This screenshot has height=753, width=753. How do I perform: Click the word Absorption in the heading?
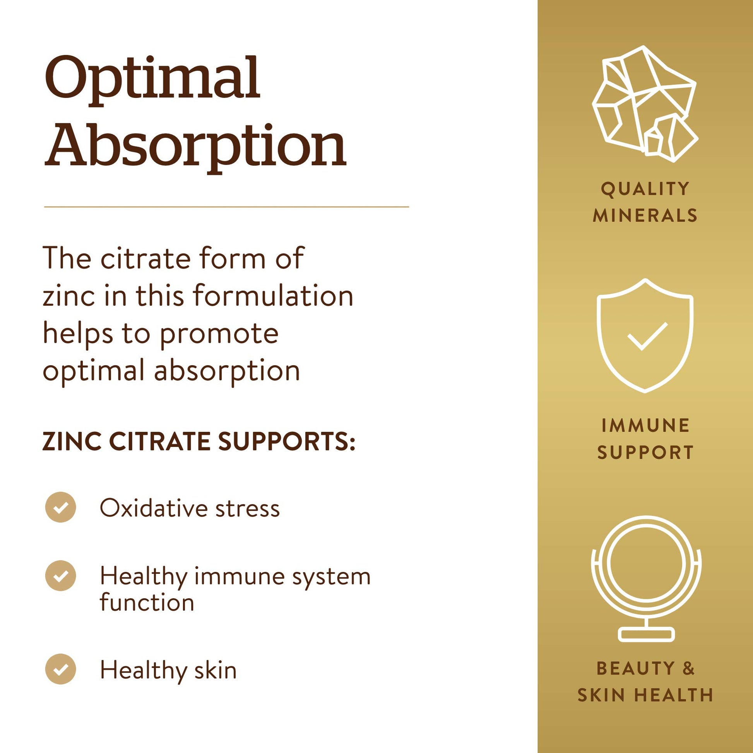coord(195,146)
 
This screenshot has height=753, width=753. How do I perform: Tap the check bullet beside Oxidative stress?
coord(60,507)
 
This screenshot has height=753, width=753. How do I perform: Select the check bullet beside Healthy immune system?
coord(60,576)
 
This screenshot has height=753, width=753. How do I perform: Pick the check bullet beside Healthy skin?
coord(60,669)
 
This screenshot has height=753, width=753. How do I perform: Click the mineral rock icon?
coord(645,103)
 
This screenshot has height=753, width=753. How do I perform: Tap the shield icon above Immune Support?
coord(645,335)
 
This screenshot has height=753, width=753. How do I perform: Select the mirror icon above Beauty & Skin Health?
coord(646,579)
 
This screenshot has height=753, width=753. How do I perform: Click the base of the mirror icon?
coord(646,635)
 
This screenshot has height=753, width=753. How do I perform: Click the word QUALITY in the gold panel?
coord(645,189)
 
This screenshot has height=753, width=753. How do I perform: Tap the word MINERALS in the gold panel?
coord(645,216)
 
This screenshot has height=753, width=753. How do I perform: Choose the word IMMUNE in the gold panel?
coord(645,425)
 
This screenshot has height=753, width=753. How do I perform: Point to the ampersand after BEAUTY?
coord(688,668)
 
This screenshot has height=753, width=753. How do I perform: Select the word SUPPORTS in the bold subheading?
coord(286,441)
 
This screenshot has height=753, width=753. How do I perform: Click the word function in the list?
coord(147,602)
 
